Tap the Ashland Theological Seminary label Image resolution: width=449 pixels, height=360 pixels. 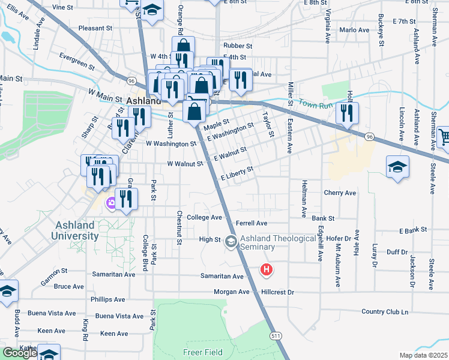click(278, 242)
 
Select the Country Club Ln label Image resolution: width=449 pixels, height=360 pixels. click(384, 312)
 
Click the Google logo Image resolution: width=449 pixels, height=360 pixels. click(20, 352)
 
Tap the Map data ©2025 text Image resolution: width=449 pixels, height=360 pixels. click(423, 355)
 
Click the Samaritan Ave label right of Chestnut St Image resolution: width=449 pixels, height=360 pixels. click(221, 277)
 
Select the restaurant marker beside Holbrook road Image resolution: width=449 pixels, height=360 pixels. click(346, 113)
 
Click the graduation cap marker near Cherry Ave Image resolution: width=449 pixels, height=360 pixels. click(397, 167)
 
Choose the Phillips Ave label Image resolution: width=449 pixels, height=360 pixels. click(107, 299)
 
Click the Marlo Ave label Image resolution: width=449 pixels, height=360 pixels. click(354, 30)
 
